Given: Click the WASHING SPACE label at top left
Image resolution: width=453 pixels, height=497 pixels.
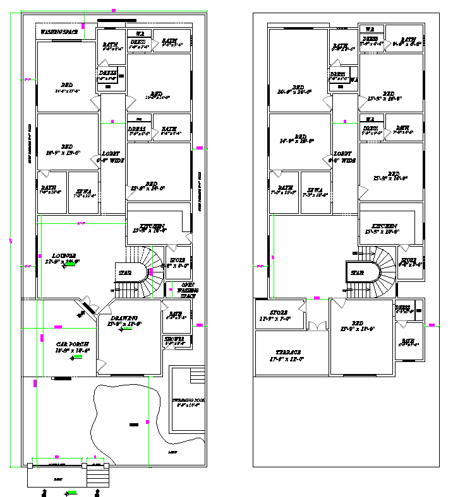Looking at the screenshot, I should point(58,31).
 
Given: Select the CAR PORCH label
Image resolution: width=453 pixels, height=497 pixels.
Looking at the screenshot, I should point(72,344).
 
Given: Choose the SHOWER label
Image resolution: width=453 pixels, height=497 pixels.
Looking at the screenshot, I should point(175,339).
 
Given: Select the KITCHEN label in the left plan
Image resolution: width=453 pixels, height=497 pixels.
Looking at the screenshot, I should point(153,226).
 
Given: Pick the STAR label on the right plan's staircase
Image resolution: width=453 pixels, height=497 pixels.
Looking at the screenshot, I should point(358,272).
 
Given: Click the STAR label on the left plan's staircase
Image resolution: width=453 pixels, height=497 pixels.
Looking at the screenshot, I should point(125,272).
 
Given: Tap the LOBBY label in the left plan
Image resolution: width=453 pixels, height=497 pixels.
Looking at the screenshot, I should point(112,154).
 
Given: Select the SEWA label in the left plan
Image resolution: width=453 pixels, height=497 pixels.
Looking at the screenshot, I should point(83,190).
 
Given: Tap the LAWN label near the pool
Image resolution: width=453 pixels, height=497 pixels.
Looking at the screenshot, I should point(172,452).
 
